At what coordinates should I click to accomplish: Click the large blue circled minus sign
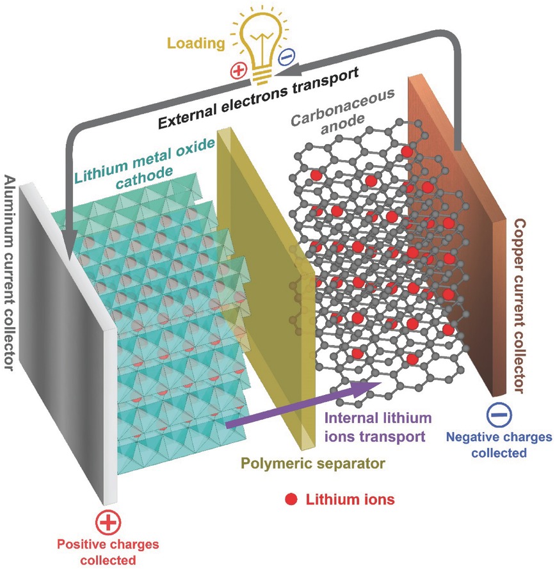[x=497, y=415]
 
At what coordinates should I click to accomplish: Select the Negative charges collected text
[x=498, y=445]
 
